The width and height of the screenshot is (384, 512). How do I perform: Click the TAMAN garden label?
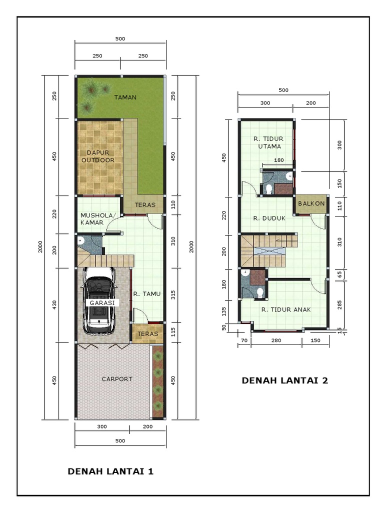click(x=125, y=97)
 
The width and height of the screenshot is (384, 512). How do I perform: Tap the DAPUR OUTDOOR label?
click(x=100, y=156)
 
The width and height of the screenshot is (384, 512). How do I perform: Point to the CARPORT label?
click(x=117, y=379)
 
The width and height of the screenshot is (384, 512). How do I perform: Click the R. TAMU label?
click(x=146, y=294)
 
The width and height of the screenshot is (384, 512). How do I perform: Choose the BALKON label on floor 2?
click(x=311, y=203)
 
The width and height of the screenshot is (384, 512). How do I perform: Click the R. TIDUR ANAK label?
click(x=285, y=309)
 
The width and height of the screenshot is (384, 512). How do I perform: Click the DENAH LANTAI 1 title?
click(x=110, y=471)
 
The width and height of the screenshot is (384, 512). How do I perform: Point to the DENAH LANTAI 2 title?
click(x=285, y=380)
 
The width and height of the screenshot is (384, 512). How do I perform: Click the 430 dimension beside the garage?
click(x=54, y=305)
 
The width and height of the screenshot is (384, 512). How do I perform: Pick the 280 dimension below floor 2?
click(x=276, y=340)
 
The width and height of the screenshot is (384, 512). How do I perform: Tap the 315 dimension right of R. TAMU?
click(x=173, y=295)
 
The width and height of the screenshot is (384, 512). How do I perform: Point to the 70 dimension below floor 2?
click(x=244, y=340)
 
